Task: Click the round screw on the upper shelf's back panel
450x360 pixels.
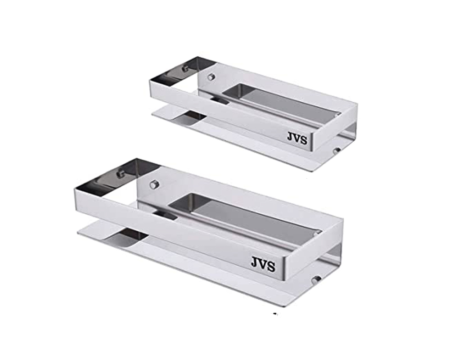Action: pyautogui.click(x=210, y=77)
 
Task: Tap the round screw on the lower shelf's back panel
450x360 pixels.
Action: pyautogui.click(x=154, y=184)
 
